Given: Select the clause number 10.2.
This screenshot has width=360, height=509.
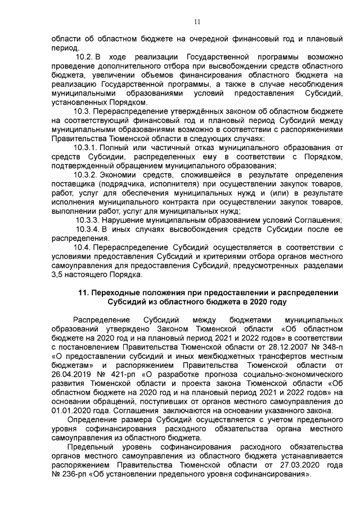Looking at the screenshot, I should [x=85, y=57].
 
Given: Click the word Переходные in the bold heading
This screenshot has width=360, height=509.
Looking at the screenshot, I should [x=117, y=292].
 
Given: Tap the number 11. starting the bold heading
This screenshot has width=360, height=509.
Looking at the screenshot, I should [x=84, y=292].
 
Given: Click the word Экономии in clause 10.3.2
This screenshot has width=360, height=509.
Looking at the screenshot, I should [x=114, y=175].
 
